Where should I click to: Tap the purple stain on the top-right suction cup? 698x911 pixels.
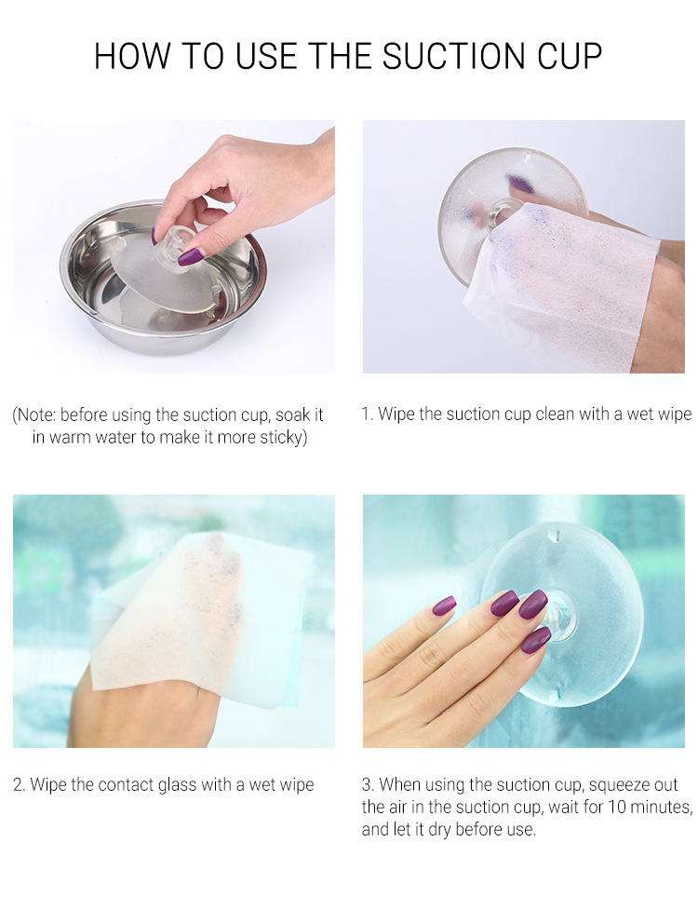coord(520,184)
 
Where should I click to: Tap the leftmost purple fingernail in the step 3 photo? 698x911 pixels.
coord(444,605)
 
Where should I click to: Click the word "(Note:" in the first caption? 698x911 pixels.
coord(34,415)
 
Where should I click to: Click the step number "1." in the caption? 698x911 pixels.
coord(368,415)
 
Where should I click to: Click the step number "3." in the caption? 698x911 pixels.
coord(369,785)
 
